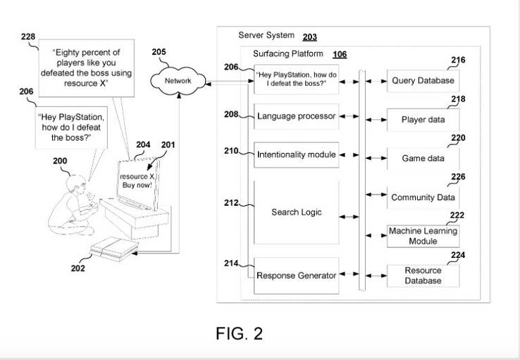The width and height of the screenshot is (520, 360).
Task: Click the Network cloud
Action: pos(178,80)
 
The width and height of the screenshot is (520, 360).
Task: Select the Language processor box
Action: pos(296,116)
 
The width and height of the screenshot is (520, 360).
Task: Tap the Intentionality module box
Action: pos(296,155)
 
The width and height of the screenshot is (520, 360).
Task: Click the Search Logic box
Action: pos(296,212)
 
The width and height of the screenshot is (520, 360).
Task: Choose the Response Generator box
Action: pos(296,275)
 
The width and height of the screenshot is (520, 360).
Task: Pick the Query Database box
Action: pos(423,80)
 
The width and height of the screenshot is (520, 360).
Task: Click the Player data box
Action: pos(423,120)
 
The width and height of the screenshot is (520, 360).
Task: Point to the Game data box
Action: pos(423,159)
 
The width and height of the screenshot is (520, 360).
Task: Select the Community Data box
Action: pos(423,197)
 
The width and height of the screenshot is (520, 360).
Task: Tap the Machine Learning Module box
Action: pos(423,236)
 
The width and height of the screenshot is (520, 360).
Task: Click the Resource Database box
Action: pos(423,275)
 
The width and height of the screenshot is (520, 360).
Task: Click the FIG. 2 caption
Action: pos(239,333)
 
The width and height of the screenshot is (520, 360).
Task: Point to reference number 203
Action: pos(309,37)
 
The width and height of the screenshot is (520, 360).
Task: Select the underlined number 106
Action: pos(340,54)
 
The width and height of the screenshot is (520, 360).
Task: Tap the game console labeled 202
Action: pos(114,249)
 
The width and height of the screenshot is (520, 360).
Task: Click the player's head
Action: pos(76,185)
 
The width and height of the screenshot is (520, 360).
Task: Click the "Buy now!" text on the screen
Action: pos(137,185)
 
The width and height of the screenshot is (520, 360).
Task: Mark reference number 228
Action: pos(28,37)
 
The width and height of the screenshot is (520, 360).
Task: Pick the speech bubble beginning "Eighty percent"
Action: pos(86,68)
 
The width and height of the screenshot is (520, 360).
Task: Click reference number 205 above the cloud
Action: pos(159,52)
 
